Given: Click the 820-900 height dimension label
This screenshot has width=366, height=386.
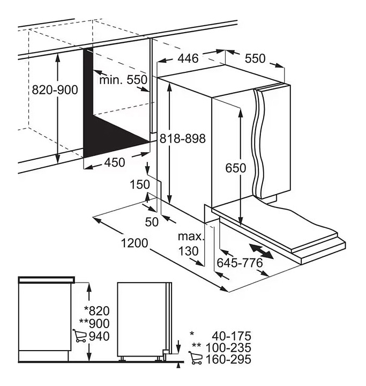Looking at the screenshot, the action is tap(55, 90).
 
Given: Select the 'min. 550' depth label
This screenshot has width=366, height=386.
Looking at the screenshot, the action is tap(123, 80).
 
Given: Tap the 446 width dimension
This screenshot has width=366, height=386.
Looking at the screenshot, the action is tap(188, 58).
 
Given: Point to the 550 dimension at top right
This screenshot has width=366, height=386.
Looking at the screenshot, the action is tap(255, 58).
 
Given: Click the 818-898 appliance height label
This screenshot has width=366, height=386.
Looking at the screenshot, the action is tap(183, 139).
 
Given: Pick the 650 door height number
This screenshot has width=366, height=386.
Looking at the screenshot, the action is tap(236, 168).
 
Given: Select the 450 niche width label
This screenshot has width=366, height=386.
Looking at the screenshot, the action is tap(115, 162).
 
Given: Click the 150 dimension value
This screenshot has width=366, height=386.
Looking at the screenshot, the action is tap(140, 184).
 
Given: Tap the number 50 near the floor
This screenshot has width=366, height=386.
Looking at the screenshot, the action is tap(152, 222).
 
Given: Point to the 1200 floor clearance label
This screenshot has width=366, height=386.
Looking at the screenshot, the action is tap(135, 243).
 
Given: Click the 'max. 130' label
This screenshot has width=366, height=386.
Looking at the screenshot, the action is tap(191, 244).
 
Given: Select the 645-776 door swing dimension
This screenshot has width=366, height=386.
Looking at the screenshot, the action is tap(240, 263).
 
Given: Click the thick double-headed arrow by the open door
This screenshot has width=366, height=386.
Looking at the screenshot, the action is tap(261, 251).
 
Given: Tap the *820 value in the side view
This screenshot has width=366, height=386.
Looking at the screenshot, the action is tap(97, 310).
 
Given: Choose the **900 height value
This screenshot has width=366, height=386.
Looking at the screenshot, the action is tap(94, 323).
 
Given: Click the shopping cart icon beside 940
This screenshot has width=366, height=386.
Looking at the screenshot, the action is tap(79, 336).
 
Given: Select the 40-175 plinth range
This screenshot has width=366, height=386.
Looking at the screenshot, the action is tap(231, 336).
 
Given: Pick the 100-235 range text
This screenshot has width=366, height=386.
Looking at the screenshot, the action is tap(228, 347).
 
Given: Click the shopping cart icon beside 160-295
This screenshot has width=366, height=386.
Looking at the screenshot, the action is tap(196, 358).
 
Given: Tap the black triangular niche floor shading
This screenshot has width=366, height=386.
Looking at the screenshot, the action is tap(111, 137).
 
